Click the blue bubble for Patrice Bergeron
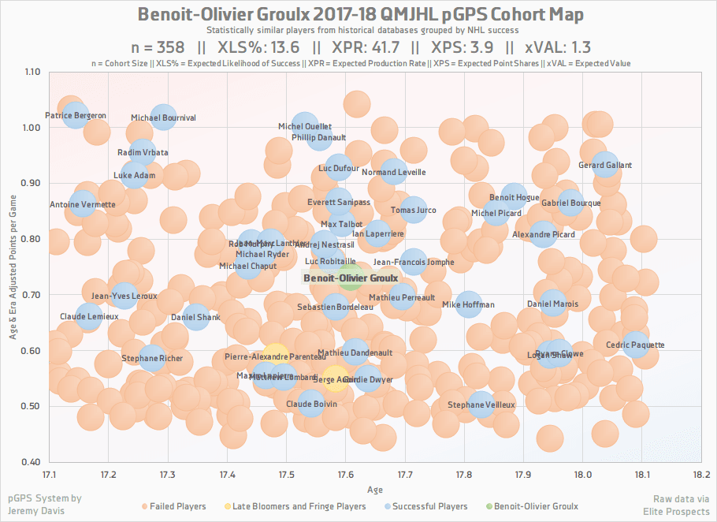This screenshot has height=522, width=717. (76, 115)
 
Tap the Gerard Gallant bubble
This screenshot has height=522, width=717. (605, 166)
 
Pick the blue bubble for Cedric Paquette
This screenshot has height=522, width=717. (635, 345)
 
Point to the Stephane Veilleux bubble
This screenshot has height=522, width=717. (481, 405)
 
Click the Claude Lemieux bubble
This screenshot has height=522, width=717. (89, 317)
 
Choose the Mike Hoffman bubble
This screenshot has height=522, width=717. (469, 304)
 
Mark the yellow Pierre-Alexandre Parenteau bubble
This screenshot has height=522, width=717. (275, 356)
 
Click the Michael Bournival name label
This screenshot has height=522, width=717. (163, 118)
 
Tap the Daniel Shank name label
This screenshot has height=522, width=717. (195, 318)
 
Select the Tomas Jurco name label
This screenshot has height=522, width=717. (413, 211)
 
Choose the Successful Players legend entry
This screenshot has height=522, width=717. (430, 506)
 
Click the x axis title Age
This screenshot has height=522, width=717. (376, 489)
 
